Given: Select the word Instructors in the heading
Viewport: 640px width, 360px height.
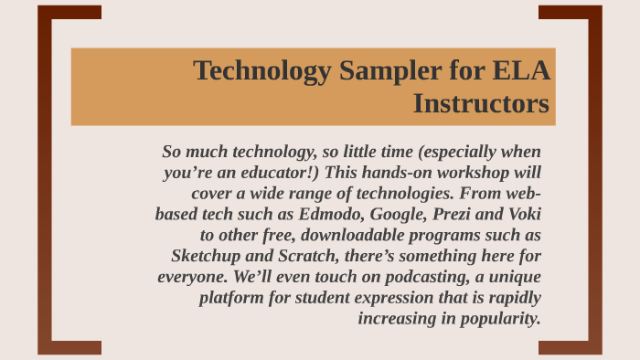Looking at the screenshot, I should tap(481, 104).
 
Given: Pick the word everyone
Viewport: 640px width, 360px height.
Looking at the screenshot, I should tap(191, 276).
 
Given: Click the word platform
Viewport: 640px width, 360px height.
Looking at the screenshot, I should tap(232, 297).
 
